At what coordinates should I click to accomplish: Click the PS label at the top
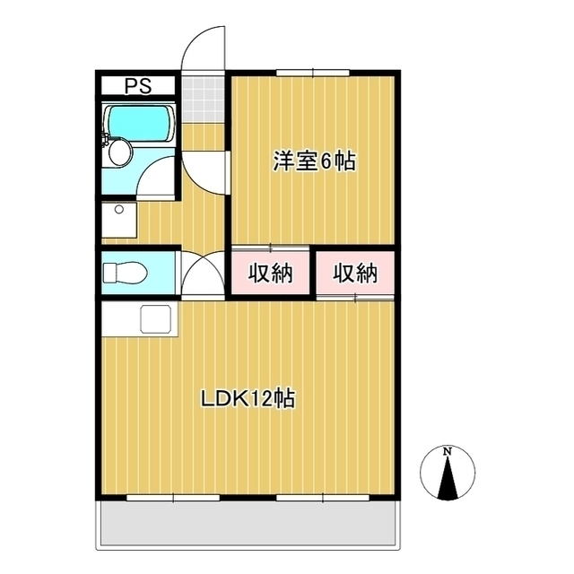tap(137, 87)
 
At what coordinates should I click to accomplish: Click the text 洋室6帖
tap(314, 161)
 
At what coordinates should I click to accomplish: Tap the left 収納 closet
tap(271, 273)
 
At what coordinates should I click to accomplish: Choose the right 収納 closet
tap(355, 273)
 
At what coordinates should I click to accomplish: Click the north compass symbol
tap(447, 473)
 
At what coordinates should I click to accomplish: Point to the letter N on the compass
tap(447, 451)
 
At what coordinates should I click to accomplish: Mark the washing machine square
tap(118, 219)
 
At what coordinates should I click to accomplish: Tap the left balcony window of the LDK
tap(161, 496)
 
